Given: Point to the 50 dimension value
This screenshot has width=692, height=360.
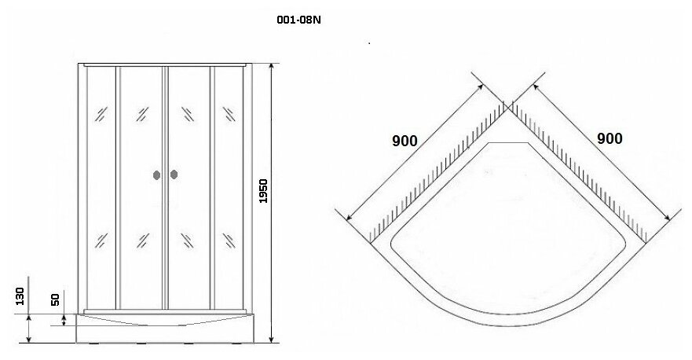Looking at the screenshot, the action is [55, 299].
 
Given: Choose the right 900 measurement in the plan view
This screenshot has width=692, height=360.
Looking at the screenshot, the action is [610, 138].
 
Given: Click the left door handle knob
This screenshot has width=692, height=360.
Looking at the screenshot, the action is [156, 174].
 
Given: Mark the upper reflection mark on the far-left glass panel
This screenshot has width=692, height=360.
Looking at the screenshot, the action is [100, 113].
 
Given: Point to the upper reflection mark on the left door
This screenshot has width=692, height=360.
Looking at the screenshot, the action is [143, 113].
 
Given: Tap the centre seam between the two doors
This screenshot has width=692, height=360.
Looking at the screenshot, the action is [165, 189].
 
